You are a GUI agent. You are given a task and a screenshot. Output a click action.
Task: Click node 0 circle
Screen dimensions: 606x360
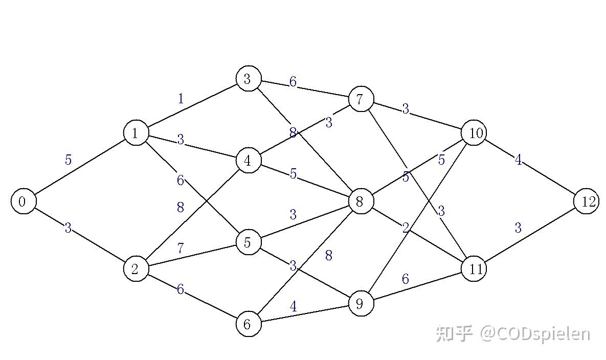[x=23, y=201]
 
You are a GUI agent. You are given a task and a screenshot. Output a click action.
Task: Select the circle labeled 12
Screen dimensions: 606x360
[x=587, y=201]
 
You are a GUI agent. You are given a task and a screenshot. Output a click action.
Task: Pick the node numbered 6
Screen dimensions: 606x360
[x=249, y=324]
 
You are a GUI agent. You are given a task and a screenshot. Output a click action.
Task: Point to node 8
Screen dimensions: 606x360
[x=361, y=201]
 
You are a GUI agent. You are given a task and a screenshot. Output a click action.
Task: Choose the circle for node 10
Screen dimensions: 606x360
[x=474, y=133]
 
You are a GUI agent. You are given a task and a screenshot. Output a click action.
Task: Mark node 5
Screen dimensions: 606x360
[x=249, y=242]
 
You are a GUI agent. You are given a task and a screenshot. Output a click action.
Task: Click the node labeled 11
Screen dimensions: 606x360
[x=474, y=269]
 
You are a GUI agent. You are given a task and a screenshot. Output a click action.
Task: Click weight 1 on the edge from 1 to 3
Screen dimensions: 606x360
[x=181, y=99]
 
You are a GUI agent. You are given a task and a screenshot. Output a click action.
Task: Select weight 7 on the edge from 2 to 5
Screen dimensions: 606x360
[x=181, y=248]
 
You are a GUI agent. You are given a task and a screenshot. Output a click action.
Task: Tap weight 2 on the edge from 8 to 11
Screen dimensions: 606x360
[x=406, y=228]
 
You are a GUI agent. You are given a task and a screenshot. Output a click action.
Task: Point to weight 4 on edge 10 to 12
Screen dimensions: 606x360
[x=518, y=160]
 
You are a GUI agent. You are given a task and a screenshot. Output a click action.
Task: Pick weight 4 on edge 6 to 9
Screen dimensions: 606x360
[x=294, y=306]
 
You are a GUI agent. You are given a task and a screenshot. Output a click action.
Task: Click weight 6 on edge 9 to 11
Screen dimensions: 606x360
[x=406, y=279]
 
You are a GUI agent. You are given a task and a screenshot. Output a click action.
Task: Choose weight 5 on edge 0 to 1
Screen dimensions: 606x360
[x=68, y=160]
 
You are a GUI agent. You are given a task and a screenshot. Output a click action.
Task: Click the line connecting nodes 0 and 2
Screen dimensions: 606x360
[x=80, y=235]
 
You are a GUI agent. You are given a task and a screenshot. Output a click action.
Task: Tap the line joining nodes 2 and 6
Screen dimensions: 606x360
[x=192, y=296]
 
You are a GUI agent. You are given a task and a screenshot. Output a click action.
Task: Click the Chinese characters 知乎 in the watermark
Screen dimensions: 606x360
[x=455, y=333]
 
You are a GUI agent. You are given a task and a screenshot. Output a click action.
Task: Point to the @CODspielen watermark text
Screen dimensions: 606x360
[x=535, y=334]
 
